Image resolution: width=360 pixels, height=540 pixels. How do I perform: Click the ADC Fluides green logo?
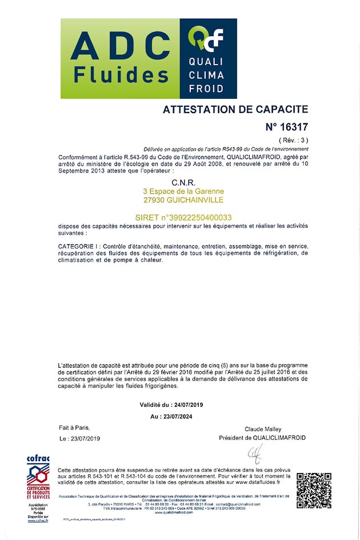coord(120,58)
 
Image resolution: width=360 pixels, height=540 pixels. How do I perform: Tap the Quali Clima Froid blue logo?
coord(208,58)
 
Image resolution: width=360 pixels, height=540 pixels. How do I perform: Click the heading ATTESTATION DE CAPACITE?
coord(235,109)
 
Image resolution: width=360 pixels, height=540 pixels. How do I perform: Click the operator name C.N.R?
coord(183,183)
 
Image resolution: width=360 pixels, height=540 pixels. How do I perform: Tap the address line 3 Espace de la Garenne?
coord(183,191)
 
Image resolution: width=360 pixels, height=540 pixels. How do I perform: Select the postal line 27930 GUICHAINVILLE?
coord(183,200)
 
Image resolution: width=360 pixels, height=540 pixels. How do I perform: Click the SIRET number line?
coord(183,217)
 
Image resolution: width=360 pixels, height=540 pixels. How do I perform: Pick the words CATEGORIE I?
coord(79,246)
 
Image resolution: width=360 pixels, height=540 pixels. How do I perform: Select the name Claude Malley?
coord(262,429)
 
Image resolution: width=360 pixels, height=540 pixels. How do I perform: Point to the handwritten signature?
coord(254,455)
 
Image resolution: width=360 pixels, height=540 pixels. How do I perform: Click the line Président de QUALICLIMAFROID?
coord(262,438)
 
